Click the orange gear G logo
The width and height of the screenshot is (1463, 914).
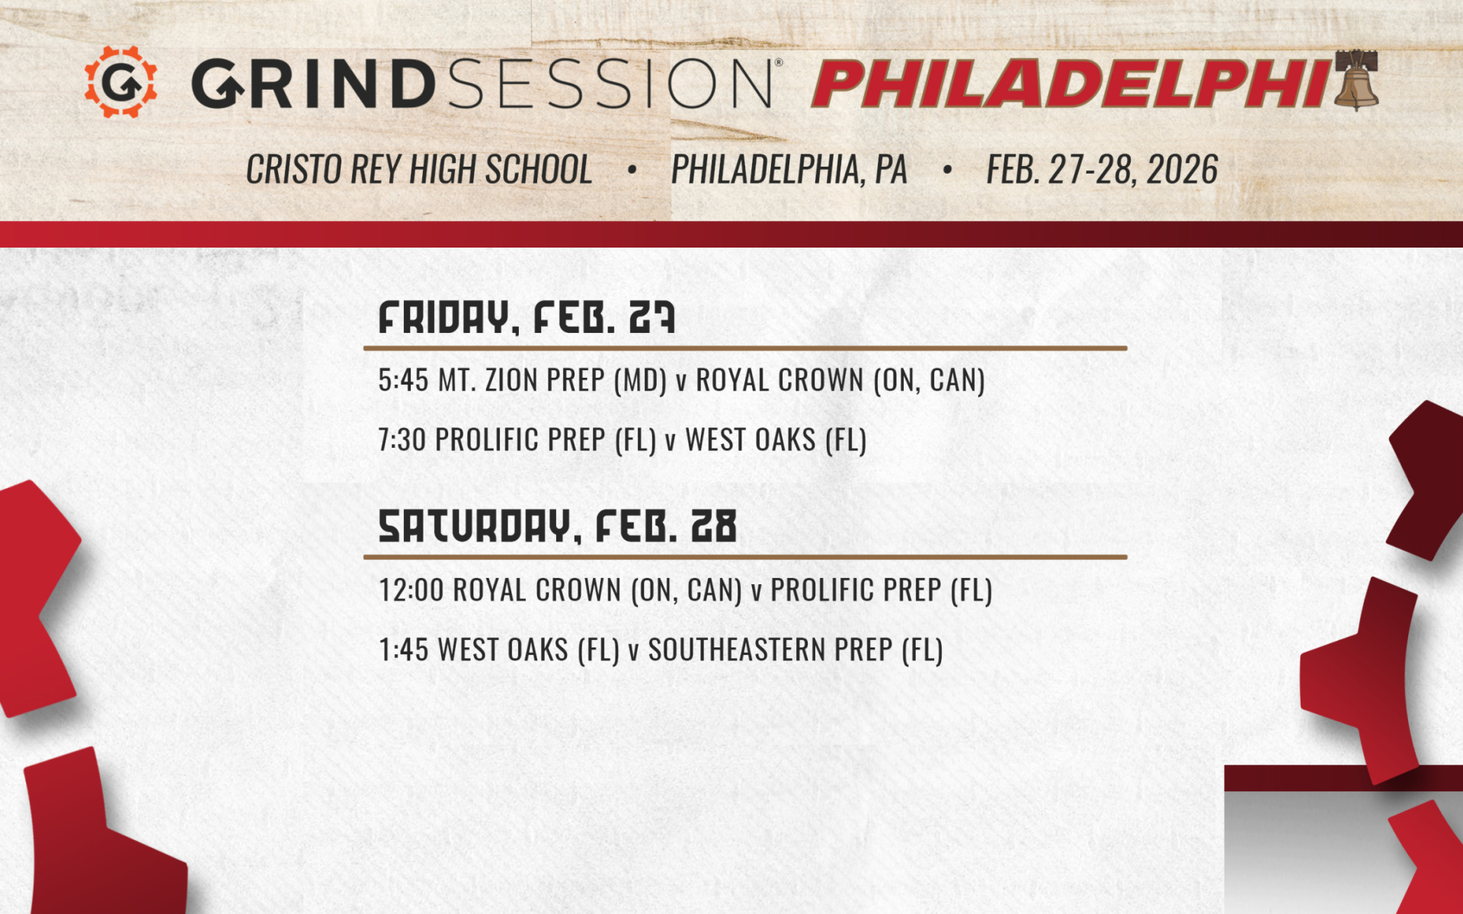[120, 81]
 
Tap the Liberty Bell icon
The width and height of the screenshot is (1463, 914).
[1356, 80]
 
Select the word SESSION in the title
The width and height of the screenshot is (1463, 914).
[610, 83]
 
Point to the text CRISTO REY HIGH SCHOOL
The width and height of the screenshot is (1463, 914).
[418, 169]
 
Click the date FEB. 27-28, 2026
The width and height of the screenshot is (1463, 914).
[1102, 169]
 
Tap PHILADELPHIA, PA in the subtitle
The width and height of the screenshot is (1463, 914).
[789, 169]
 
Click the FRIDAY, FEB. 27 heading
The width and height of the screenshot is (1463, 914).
[527, 318]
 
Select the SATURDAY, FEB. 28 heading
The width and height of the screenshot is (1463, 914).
[557, 526]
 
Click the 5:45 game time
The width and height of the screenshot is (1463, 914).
[403, 380]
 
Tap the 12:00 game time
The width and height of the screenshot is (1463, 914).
[411, 590]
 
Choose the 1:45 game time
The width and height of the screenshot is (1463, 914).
[403, 650]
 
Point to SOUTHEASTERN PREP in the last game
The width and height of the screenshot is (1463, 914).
[770, 650]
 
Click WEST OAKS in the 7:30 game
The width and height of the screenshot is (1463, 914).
[750, 440]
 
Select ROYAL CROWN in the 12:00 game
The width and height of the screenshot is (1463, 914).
[536, 590]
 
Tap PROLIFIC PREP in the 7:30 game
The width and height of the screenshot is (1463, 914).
[520, 440]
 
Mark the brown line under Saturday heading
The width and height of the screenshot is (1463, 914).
[744, 557]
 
